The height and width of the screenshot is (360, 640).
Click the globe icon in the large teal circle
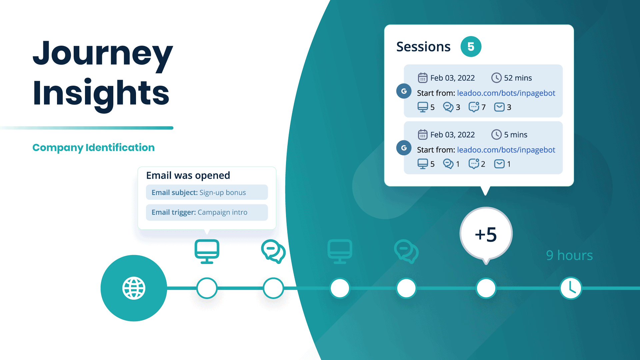coord(134,288)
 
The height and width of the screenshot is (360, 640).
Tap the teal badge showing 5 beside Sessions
coord(471,47)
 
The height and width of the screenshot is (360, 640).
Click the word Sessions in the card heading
coord(423,47)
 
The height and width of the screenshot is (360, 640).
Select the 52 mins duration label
coord(518,78)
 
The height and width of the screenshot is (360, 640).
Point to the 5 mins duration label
coord(515,135)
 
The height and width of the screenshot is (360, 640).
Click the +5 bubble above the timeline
coord(486,234)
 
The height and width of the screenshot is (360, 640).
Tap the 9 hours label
coord(569,255)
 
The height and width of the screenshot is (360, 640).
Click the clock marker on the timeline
coord(571,288)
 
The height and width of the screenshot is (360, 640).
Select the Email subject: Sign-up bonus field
coord(207,192)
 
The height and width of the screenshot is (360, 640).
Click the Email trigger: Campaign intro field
coord(207,212)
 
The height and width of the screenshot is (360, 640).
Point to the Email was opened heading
coord(188,175)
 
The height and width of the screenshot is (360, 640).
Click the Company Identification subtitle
coord(93,147)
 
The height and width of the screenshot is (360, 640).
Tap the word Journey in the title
coord(103,53)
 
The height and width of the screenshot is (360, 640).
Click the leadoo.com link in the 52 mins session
coord(506,93)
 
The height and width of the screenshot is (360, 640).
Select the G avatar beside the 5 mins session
coord(404,148)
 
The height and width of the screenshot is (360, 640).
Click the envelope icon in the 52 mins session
coord(499,107)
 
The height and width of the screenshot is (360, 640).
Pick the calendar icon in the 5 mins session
coord(422,135)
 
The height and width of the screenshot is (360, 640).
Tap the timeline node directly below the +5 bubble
coord(486,288)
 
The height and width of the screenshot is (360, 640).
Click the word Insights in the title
coord(101,93)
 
